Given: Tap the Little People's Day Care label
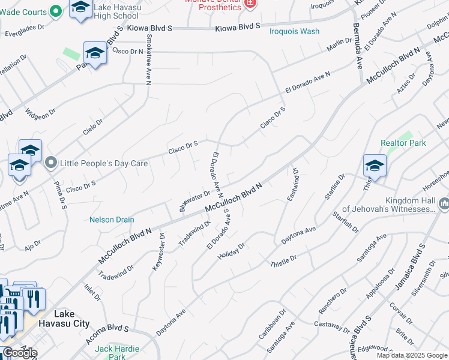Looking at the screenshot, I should [x=100, y=163].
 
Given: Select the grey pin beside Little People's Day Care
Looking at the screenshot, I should [x=51, y=163].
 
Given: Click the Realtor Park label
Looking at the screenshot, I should [x=403, y=143].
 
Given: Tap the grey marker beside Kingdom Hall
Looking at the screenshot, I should [x=444, y=205].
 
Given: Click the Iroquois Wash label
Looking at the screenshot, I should [x=294, y=31].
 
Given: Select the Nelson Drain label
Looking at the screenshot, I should [x=112, y=220].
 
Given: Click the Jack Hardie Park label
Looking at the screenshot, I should [x=117, y=352].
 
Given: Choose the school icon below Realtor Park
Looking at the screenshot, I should [x=374, y=166].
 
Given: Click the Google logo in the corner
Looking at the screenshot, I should [x=20, y=353].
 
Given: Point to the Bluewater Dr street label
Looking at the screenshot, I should [x=194, y=201].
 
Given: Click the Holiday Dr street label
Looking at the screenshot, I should [x=232, y=248].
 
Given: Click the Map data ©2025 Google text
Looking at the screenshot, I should [x=412, y=355].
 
